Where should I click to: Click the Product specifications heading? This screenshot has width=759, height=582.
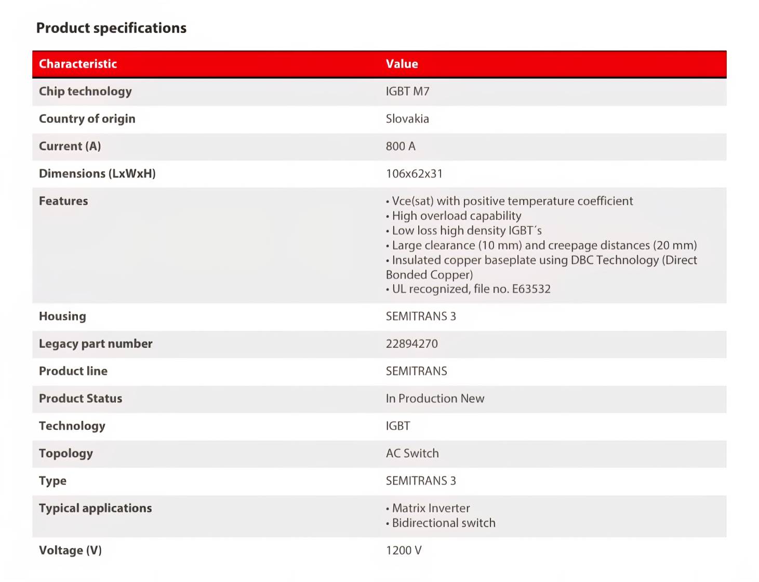coord(111,28)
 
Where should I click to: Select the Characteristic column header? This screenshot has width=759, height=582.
coord(78,64)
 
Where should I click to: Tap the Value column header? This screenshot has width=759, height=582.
coord(402,64)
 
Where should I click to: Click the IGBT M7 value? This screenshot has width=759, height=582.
coord(407,91)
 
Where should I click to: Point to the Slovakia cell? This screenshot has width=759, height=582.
coord(407,119)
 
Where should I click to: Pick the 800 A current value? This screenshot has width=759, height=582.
coord(401,147)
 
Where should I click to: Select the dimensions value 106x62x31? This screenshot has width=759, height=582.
coord(414,174)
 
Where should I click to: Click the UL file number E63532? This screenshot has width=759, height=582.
coord(531,289)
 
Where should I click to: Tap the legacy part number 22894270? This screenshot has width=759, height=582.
coord(411,344)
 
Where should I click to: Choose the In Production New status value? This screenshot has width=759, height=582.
coord(435,399)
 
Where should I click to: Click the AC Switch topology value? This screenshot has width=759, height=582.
coord(412,454)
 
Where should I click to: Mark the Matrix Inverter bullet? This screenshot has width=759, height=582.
coord(431,508)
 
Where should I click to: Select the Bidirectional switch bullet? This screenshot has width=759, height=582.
coord(443,523)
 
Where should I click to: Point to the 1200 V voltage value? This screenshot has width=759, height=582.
coord(404,551)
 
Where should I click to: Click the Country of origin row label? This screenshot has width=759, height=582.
coord(87,119)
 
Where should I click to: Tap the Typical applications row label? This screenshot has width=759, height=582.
coord(95,508)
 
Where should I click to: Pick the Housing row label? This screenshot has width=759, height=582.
coord(62,316)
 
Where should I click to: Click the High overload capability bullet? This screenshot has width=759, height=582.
coord(456,216)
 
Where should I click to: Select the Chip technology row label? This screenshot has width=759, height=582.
coord(85,91)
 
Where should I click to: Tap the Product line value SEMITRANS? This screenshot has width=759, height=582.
coord(416,372)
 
